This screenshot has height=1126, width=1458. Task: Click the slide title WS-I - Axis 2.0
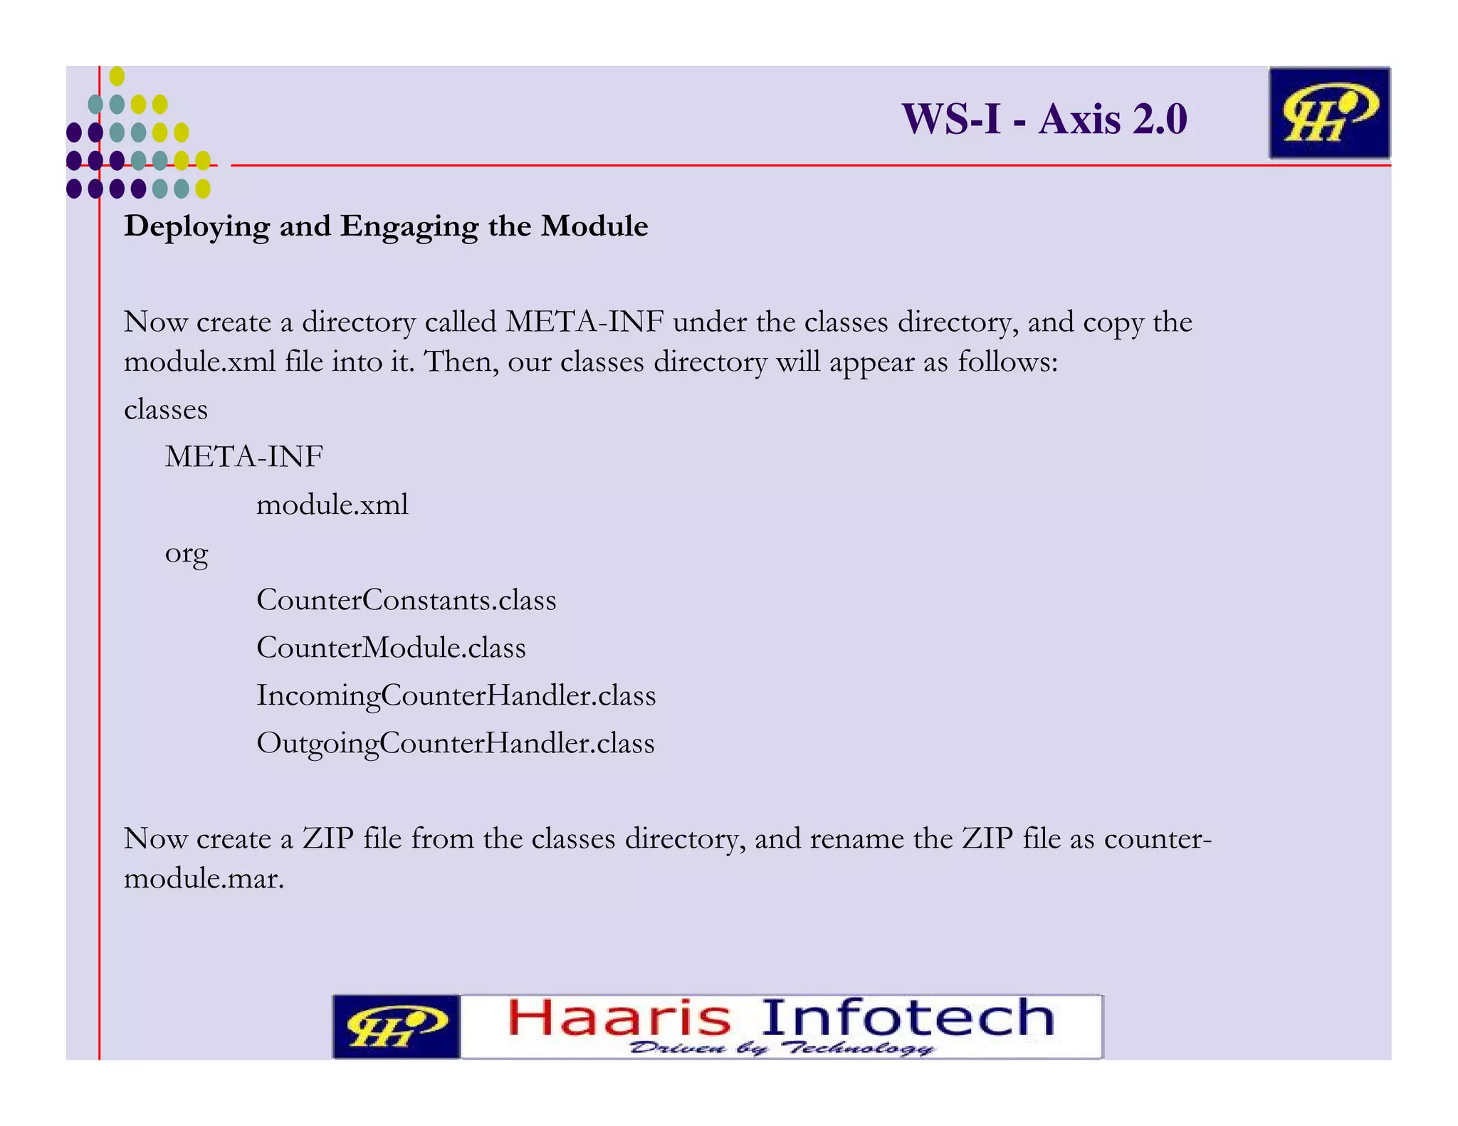pos(1044,119)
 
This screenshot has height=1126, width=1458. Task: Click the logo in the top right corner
pos(1329,113)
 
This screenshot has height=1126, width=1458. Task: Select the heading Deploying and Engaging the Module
pos(386,226)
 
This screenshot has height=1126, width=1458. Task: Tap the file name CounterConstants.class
pos(406,600)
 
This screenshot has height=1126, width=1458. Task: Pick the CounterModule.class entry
pos(391,648)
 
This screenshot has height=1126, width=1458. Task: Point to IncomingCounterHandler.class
pos(456,695)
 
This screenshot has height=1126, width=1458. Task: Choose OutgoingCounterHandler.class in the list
pos(455,743)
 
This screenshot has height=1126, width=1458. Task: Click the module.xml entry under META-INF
pos(332,505)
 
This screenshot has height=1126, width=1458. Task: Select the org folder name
pos(187,553)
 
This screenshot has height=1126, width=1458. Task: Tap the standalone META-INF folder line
pos(244,456)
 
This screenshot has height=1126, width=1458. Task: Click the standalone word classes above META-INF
pos(166,409)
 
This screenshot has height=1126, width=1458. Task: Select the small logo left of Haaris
pos(397,1026)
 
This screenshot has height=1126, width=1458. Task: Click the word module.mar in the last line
pos(204,878)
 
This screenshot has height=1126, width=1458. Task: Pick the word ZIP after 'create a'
pos(328,838)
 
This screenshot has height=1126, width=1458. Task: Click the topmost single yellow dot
pos(117,76)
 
